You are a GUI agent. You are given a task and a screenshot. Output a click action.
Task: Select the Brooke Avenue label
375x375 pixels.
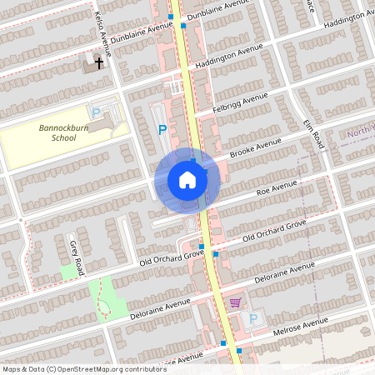coord(257,147)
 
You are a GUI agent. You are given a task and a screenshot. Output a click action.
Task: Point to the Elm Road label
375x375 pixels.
coord(312,134)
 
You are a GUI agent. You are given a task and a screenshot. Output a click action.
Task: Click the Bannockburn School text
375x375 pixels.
coord(63,133)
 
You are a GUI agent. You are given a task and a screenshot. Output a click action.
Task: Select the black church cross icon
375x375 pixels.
coord(99,62)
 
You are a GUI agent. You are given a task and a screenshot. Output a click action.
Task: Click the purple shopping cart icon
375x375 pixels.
coord(236,302)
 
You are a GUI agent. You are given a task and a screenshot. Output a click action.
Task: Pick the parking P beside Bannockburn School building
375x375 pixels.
coord(96,112)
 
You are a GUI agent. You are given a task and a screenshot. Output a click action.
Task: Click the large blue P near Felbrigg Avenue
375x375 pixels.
coord(162,129)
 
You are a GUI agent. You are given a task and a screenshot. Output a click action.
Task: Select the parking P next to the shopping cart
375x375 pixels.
coord(253,317)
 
